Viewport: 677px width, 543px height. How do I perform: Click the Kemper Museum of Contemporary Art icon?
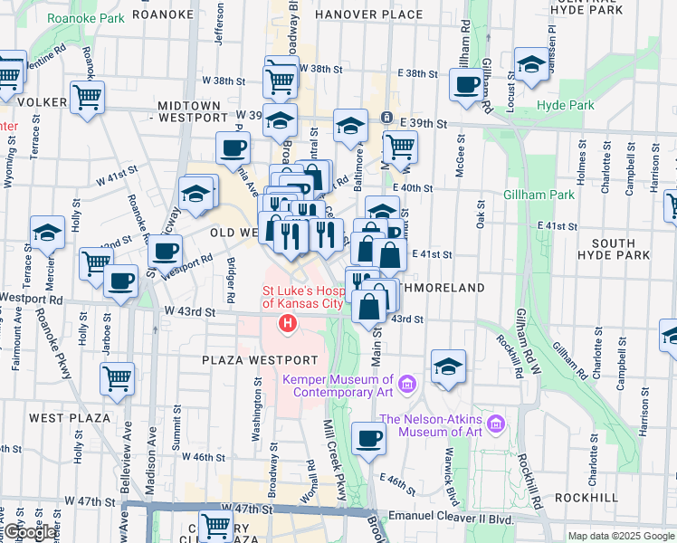click(x=406, y=386)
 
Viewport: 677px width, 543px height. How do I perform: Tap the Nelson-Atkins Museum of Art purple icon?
click(x=495, y=424)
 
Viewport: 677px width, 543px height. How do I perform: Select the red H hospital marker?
click(x=289, y=323)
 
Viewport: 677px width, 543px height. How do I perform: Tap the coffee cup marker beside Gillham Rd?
click(x=466, y=85)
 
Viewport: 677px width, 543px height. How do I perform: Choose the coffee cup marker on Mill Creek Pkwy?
click(x=367, y=439)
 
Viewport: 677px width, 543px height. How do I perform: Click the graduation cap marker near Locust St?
click(x=531, y=64)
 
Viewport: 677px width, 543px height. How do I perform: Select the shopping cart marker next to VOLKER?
click(x=87, y=97)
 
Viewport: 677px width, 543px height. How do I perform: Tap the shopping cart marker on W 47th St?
click(x=216, y=526)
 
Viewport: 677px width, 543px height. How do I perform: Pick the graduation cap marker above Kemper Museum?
click(x=447, y=367)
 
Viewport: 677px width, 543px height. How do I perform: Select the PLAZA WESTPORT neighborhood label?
click(x=253, y=360)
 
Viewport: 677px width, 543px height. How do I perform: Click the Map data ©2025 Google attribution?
click(x=621, y=536)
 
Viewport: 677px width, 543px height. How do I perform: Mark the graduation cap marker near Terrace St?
click(x=47, y=233)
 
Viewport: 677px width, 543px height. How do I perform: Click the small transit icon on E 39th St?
click(x=386, y=118)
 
